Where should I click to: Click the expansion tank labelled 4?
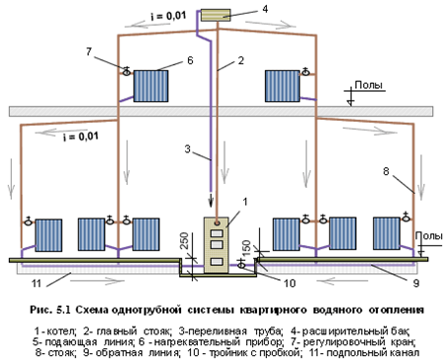point(216,16)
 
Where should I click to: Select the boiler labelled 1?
point(216,245)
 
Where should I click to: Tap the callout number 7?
point(89,51)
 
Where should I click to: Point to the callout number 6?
point(190,60)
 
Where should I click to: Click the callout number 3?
point(188,149)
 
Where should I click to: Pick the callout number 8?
point(386,171)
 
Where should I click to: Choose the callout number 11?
point(37,283)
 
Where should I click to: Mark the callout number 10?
point(290,283)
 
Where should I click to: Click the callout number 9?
point(416,283)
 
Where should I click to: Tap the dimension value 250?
point(185,240)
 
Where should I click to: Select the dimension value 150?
point(246,246)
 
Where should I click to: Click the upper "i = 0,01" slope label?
point(168,16)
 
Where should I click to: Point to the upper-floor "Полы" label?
point(369,85)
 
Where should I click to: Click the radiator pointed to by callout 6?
point(151,86)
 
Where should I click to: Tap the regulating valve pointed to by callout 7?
point(127,71)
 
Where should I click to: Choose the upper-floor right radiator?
point(283,86)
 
